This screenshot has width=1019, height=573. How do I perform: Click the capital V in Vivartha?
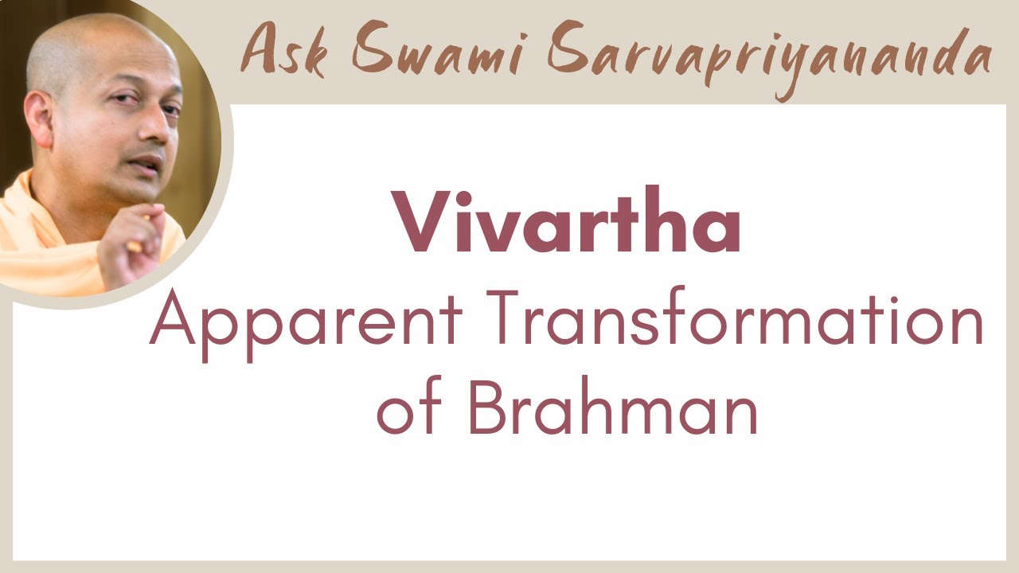click(421, 224)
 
